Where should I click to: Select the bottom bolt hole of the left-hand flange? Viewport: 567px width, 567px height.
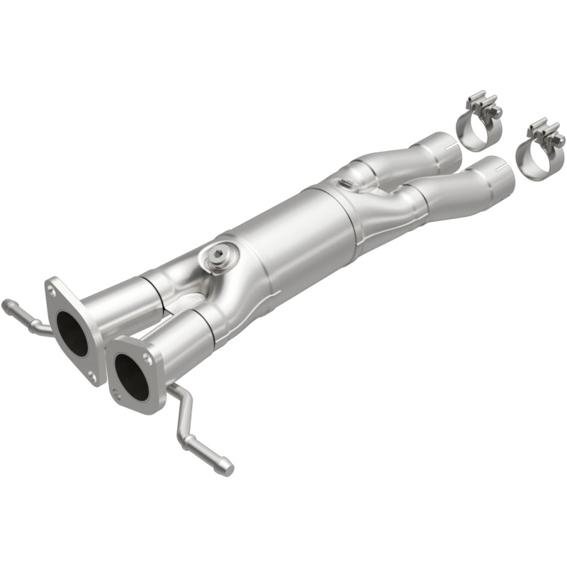click(x=93, y=376)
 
